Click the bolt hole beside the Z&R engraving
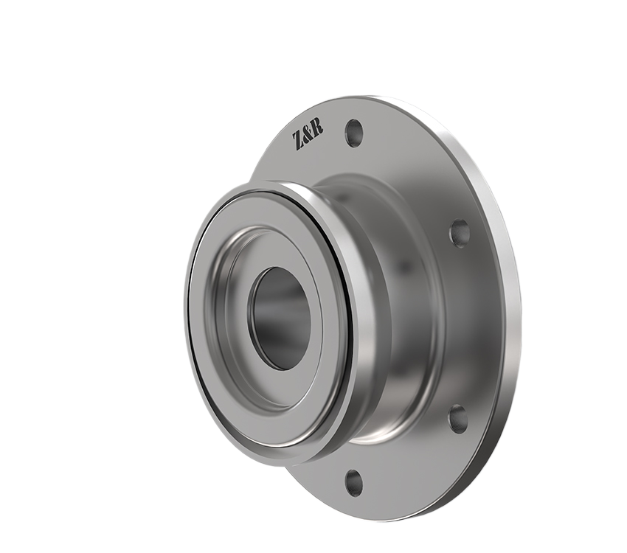click(354, 133)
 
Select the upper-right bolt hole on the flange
click(460, 233)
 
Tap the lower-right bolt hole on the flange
click(458, 418)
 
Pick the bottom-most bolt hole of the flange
click(354, 482)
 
